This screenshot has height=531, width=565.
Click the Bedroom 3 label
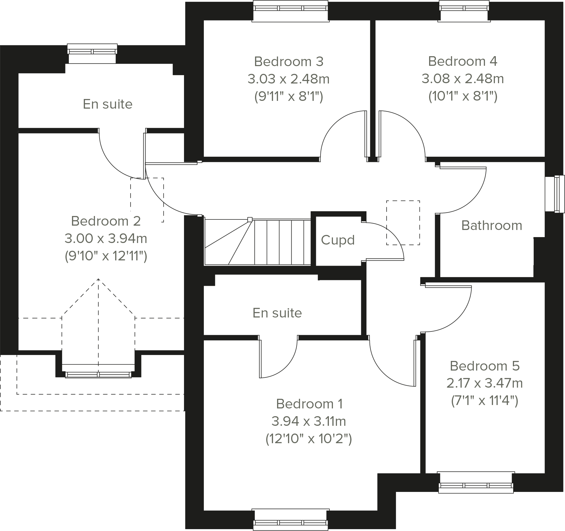pos(289,62)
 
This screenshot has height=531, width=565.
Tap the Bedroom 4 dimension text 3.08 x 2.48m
pos(462,79)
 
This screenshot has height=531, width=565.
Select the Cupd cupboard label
pos(338,240)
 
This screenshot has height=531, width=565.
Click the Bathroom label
pos(491,226)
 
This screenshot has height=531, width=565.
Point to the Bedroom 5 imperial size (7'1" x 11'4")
pos(484,401)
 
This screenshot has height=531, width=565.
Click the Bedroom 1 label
pos(309,404)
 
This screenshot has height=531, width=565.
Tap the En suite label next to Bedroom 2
pos(107,104)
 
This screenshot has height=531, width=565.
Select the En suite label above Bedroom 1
pos(277,313)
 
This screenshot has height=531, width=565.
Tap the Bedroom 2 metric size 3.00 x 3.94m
pos(106,238)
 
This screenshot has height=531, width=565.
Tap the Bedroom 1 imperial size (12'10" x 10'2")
pos(309,439)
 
